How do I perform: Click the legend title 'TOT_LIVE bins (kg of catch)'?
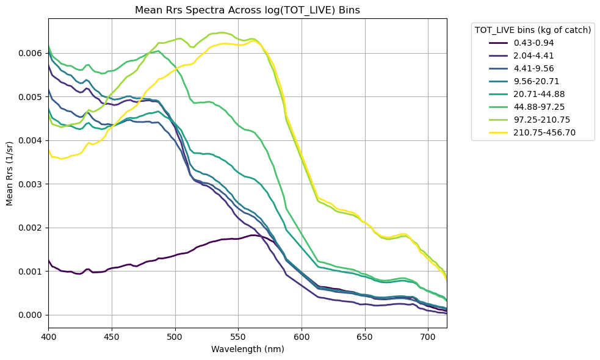point(533,30)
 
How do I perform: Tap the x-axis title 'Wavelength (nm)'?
point(247,350)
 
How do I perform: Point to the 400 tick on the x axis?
point(48,336)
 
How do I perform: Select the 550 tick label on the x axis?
point(238,336)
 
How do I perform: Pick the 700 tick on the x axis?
point(428,336)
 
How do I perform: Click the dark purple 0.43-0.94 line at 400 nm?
point(49,261)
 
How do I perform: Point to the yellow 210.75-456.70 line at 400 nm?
point(49,150)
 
